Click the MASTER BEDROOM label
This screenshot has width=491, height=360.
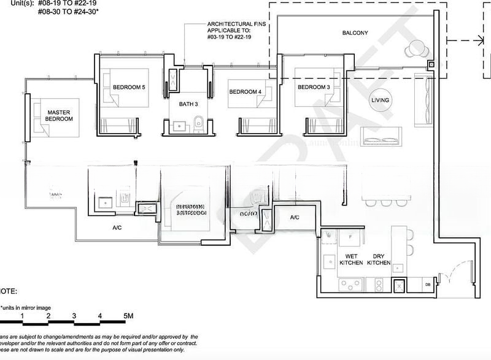(x=60, y=115)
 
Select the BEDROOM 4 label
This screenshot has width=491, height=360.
(x=245, y=92)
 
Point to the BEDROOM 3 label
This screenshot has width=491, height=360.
(x=314, y=88)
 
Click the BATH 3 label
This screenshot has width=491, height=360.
(x=188, y=104)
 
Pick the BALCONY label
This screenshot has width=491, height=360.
(x=355, y=33)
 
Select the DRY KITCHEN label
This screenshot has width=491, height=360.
(x=379, y=259)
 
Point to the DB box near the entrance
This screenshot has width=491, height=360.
(x=428, y=285)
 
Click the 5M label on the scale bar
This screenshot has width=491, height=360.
(x=128, y=316)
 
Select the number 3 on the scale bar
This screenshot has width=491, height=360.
(x=74, y=316)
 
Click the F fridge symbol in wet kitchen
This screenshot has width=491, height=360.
(x=349, y=236)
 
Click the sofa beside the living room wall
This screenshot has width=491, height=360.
(x=422, y=98)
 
